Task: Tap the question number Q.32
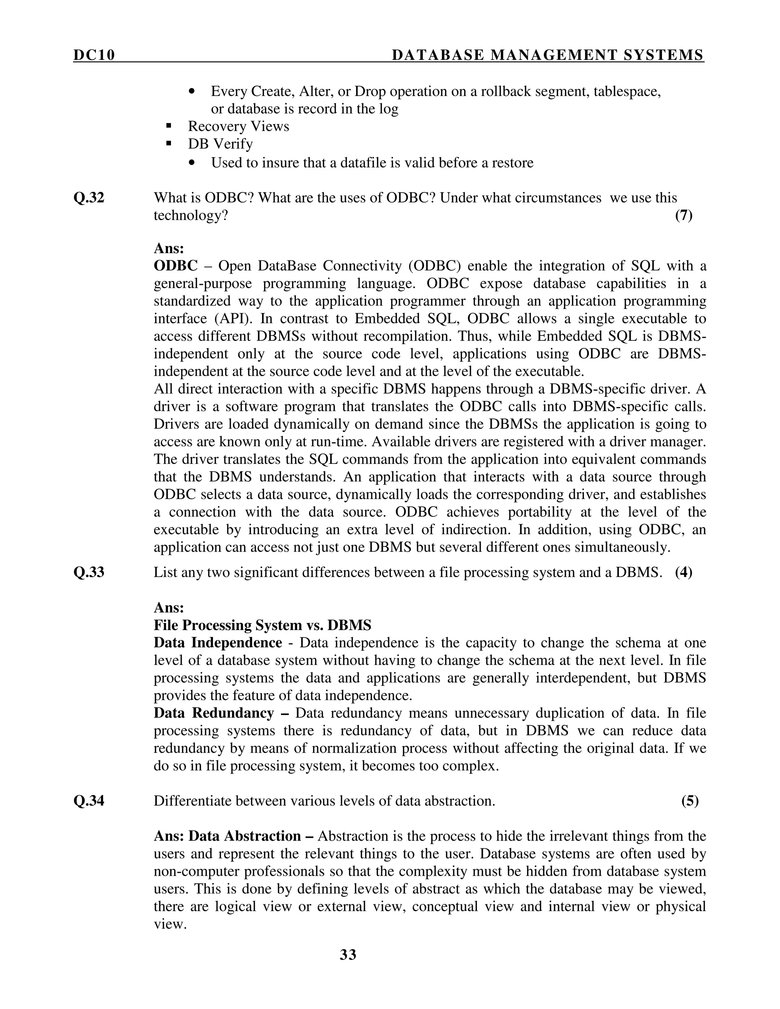point(89,198)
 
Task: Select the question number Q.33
point(89,572)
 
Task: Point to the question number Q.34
point(89,801)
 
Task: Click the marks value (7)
point(684,215)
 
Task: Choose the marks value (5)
point(690,801)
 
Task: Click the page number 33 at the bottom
point(348,955)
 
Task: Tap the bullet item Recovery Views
point(238,126)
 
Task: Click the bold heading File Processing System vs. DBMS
point(262,625)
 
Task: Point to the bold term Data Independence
point(217,643)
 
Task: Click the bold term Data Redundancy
point(214,713)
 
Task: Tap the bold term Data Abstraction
point(245,836)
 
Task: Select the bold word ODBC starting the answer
point(176,266)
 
